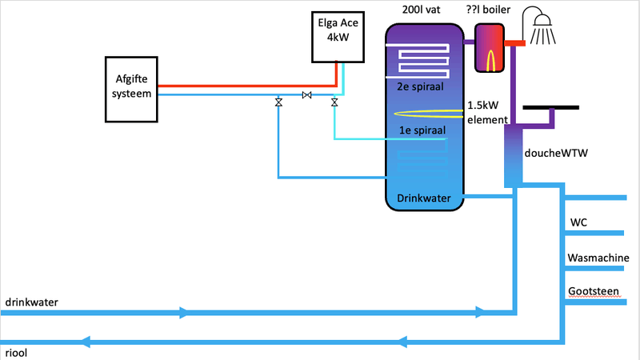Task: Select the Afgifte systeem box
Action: tap(132, 88)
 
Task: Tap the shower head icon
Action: tap(541, 24)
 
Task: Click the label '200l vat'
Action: tap(422, 10)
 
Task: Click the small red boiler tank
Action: tap(489, 47)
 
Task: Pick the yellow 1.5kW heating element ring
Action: tap(429, 113)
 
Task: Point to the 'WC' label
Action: tap(578, 222)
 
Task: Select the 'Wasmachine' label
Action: tap(598, 258)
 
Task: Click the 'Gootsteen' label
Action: tap(593, 290)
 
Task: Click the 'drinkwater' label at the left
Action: tap(31, 302)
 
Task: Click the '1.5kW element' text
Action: tap(488, 113)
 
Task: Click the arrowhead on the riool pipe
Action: tap(84, 342)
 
